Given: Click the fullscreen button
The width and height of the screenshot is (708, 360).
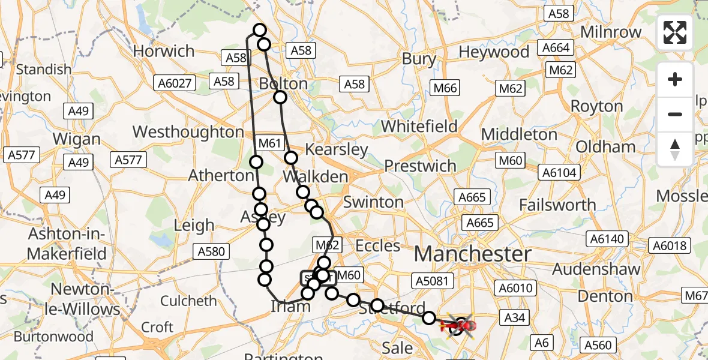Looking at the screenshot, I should (x=675, y=32).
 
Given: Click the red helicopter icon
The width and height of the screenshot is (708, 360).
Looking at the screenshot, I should (x=460, y=326).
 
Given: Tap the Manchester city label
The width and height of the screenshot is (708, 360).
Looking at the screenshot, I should (x=472, y=254).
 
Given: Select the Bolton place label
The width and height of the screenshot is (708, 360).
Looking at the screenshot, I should (x=283, y=83).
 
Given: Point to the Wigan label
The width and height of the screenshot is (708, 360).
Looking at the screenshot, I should (x=76, y=139).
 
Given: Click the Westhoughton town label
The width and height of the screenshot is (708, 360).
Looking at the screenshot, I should (x=188, y=131).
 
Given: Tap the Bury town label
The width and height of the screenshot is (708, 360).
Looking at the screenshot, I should (x=419, y=59).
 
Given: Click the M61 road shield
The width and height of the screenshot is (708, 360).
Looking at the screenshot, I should (x=269, y=143).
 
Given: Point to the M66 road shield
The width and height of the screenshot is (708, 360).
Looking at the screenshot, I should (x=445, y=88).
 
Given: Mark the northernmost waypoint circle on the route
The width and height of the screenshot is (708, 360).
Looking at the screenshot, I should (x=260, y=30).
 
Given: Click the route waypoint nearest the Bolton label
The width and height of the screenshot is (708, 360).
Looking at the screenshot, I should (x=280, y=97).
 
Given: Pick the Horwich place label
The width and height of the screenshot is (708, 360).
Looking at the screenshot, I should (x=164, y=52).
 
